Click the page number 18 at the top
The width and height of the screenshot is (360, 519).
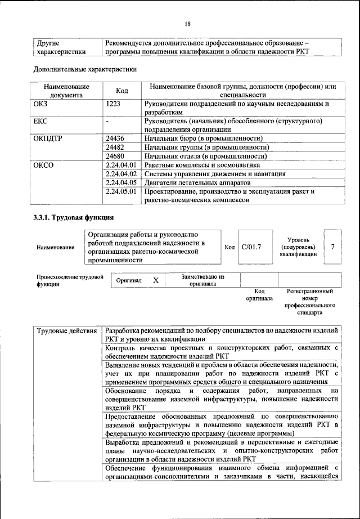187,23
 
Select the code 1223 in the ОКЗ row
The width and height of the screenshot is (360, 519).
114,104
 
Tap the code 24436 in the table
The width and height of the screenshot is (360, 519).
115,138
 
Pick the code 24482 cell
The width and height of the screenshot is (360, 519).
115,147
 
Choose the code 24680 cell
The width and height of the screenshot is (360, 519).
115,156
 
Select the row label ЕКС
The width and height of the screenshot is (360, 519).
42,121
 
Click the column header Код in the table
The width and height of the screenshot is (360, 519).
122,91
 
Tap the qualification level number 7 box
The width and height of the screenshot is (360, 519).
333,247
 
